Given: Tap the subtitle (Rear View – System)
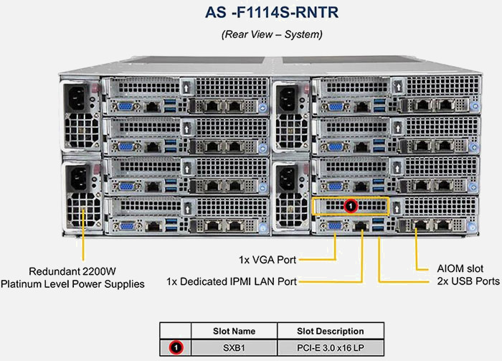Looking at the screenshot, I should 251,34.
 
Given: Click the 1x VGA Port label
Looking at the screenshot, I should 267,258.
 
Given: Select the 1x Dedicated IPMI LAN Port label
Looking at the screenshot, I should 231,281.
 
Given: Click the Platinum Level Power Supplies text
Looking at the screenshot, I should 72,284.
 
